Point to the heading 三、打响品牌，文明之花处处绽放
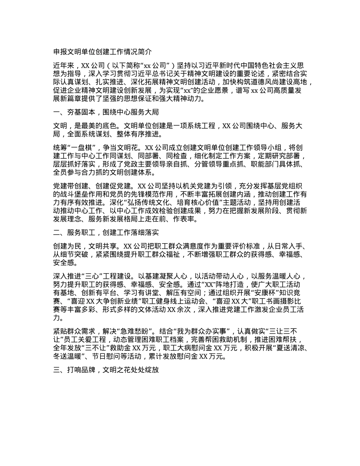106,369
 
